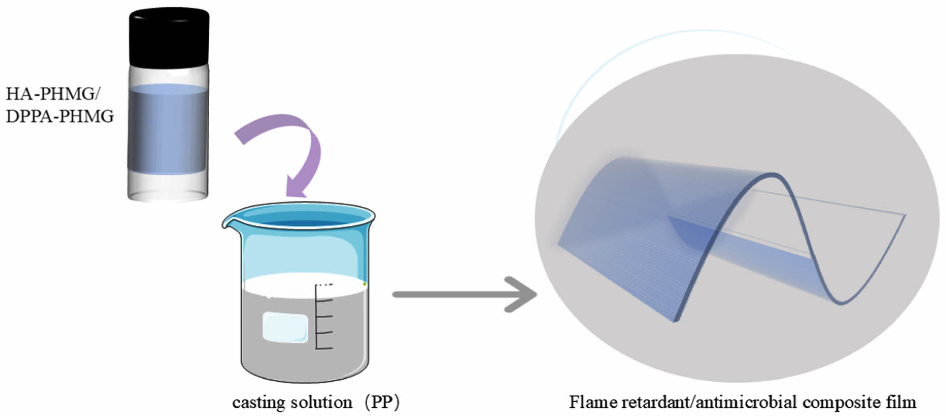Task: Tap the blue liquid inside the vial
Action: (x=168, y=130)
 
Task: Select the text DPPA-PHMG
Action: (x=60, y=116)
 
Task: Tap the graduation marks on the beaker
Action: (x=323, y=316)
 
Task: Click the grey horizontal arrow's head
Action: (x=523, y=294)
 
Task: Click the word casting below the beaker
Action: (x=259, y=403)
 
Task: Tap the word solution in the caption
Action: (x=322, y=403)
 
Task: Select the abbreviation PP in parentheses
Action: (x=382, y=403)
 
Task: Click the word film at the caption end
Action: (x=900, y=403)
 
